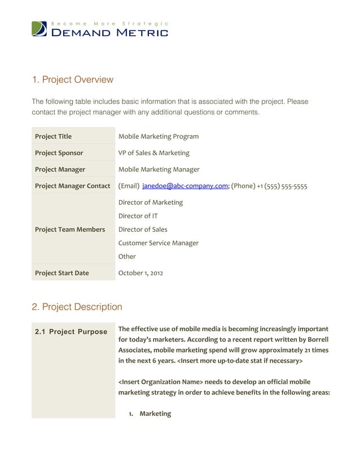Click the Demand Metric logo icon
point(39,29)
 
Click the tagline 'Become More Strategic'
point(109,23)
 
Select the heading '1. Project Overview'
point(72,80)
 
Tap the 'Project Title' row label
point(53,137)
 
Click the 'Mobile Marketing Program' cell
point(158,137)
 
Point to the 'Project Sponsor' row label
point(59,153)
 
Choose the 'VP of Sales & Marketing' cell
point(153,153)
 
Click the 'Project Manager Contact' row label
point(72,186)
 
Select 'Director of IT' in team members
point(138,216)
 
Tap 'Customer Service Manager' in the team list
point(158,243)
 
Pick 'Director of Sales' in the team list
point(142,229)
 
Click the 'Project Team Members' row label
point(70,230)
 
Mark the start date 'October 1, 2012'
point(141,273)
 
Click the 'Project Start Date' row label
point(62,273)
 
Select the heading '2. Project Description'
point(77,307)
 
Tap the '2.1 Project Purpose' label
point(71,332)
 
